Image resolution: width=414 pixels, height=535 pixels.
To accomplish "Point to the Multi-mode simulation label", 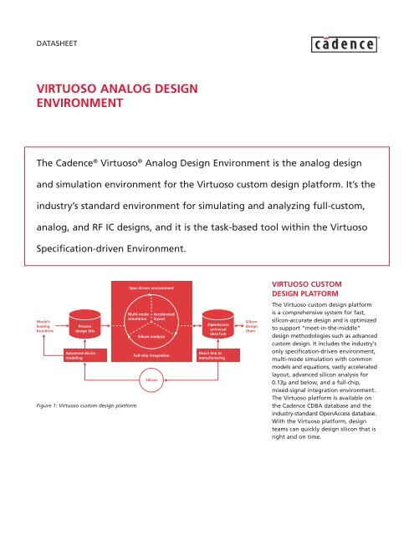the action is (137, 316).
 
